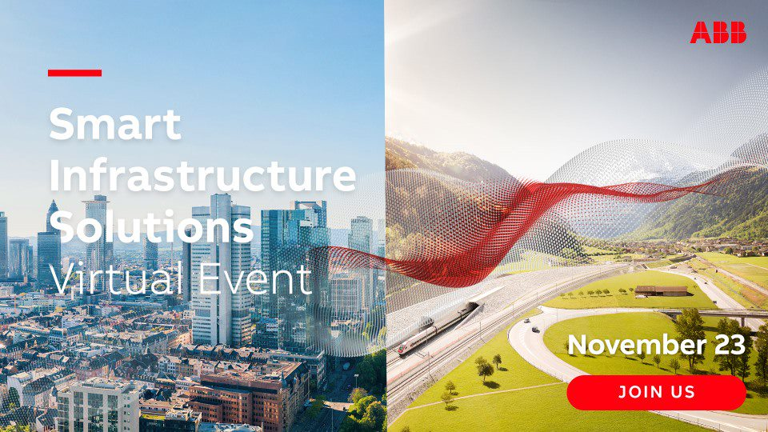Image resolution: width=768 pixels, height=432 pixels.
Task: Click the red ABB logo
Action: coord(718,32)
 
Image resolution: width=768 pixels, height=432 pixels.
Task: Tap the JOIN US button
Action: coord(656,392)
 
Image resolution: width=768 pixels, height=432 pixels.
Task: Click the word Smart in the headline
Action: coord(115,124)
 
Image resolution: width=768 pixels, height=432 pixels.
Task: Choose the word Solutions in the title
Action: coord(151,226)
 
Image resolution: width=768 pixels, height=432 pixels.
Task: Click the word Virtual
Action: coord(117,278)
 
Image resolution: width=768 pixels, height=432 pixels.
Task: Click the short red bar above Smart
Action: coord(75,73)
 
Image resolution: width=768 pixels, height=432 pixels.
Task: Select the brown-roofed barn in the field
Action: coord(661,290)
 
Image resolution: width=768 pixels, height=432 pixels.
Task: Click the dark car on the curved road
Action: coord(535,329)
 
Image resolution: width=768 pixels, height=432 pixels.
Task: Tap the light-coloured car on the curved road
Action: coord(526,321)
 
